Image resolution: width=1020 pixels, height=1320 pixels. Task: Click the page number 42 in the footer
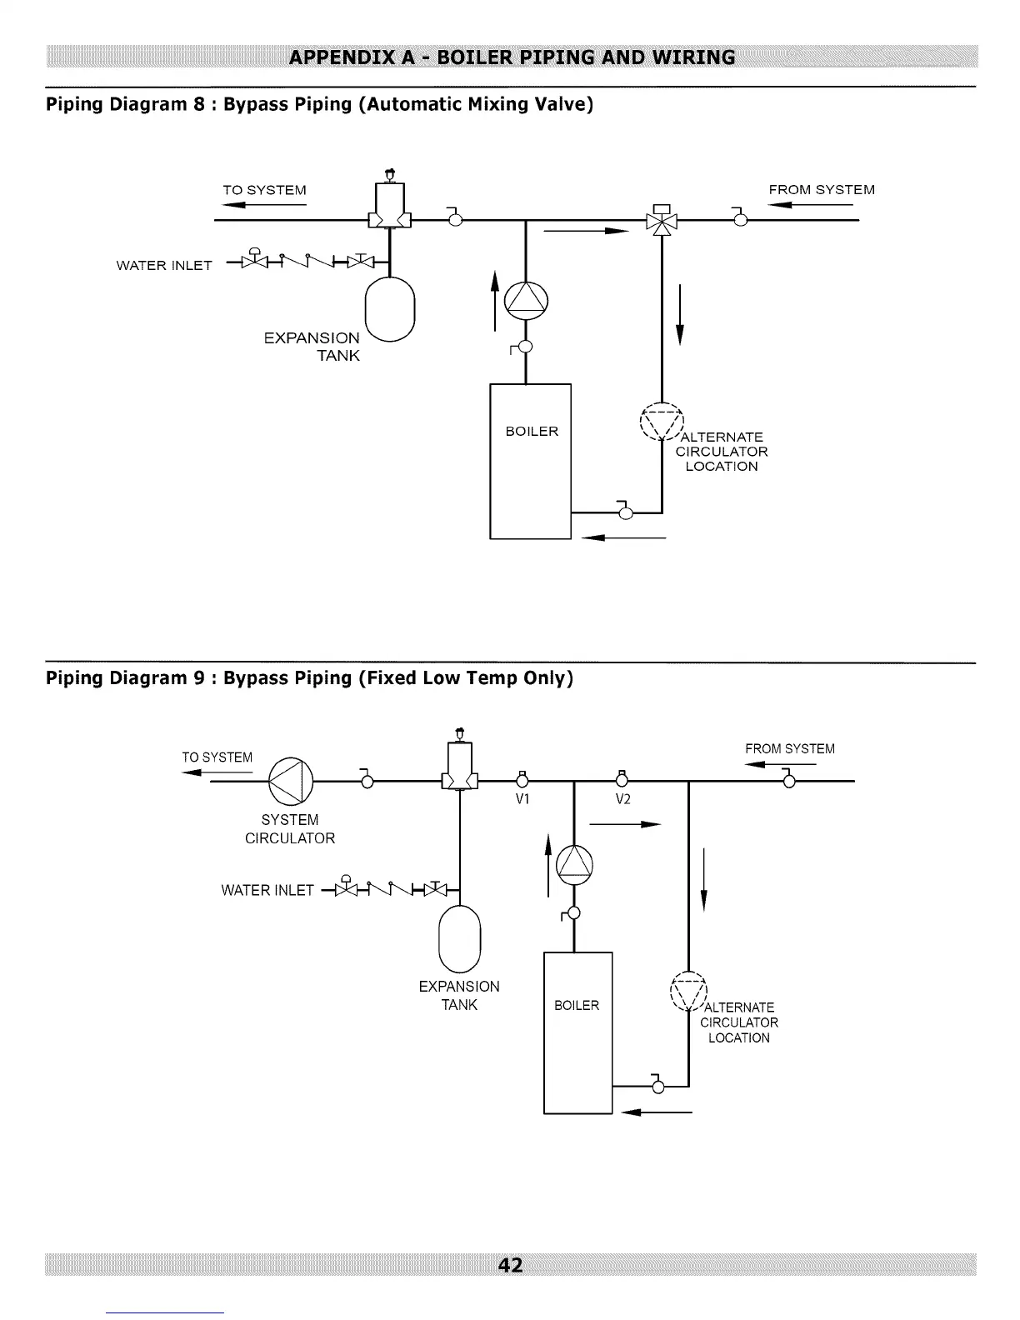coord(510,1265)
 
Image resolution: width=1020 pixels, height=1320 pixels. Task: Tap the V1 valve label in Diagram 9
coord(522,799)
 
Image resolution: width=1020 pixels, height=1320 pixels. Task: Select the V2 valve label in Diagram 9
coord(622,799)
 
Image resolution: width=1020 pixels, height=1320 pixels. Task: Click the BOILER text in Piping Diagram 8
coord(532,432)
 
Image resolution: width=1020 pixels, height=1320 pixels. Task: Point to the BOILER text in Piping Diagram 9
coord(577,1005)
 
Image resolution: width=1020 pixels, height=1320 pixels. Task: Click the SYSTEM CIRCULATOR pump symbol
coord(291,781)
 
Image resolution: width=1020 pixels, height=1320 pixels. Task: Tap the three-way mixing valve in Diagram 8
coord(662,220)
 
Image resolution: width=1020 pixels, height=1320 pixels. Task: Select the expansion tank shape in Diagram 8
coord(390,309)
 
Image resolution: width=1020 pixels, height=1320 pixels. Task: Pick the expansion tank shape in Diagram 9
coord(460,939)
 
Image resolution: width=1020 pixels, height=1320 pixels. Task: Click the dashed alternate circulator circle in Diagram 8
coord(662,422)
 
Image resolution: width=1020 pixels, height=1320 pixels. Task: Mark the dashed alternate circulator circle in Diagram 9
coord(688,992)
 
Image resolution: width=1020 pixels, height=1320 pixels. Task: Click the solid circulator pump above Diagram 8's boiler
coord(526,301)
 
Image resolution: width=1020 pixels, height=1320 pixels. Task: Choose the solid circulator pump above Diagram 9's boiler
coord(575,864)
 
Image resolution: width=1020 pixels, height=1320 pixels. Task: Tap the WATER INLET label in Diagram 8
coord(164,266)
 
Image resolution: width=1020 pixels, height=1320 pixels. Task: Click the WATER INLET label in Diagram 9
coord(267,890)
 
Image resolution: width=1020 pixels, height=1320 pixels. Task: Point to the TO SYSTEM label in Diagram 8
coord(264,190)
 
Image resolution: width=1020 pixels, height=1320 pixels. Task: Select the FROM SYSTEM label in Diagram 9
coord(790,748)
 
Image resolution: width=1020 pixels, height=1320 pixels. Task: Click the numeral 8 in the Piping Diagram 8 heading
coord(199,104)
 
